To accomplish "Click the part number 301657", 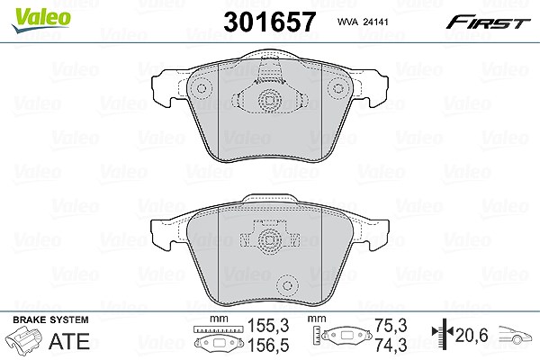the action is [x=269, y=22].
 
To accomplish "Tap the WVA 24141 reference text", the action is [x=363, y=22].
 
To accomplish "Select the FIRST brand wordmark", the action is [x=488, y=22].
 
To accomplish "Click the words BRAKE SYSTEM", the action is [x=50, y=319].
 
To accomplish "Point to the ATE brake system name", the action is [x=69, y=341].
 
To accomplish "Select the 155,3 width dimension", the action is [x=268, y=325].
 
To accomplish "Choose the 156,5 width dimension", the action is [x=268, y=346].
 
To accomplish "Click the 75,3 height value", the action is [x=391, y=325].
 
